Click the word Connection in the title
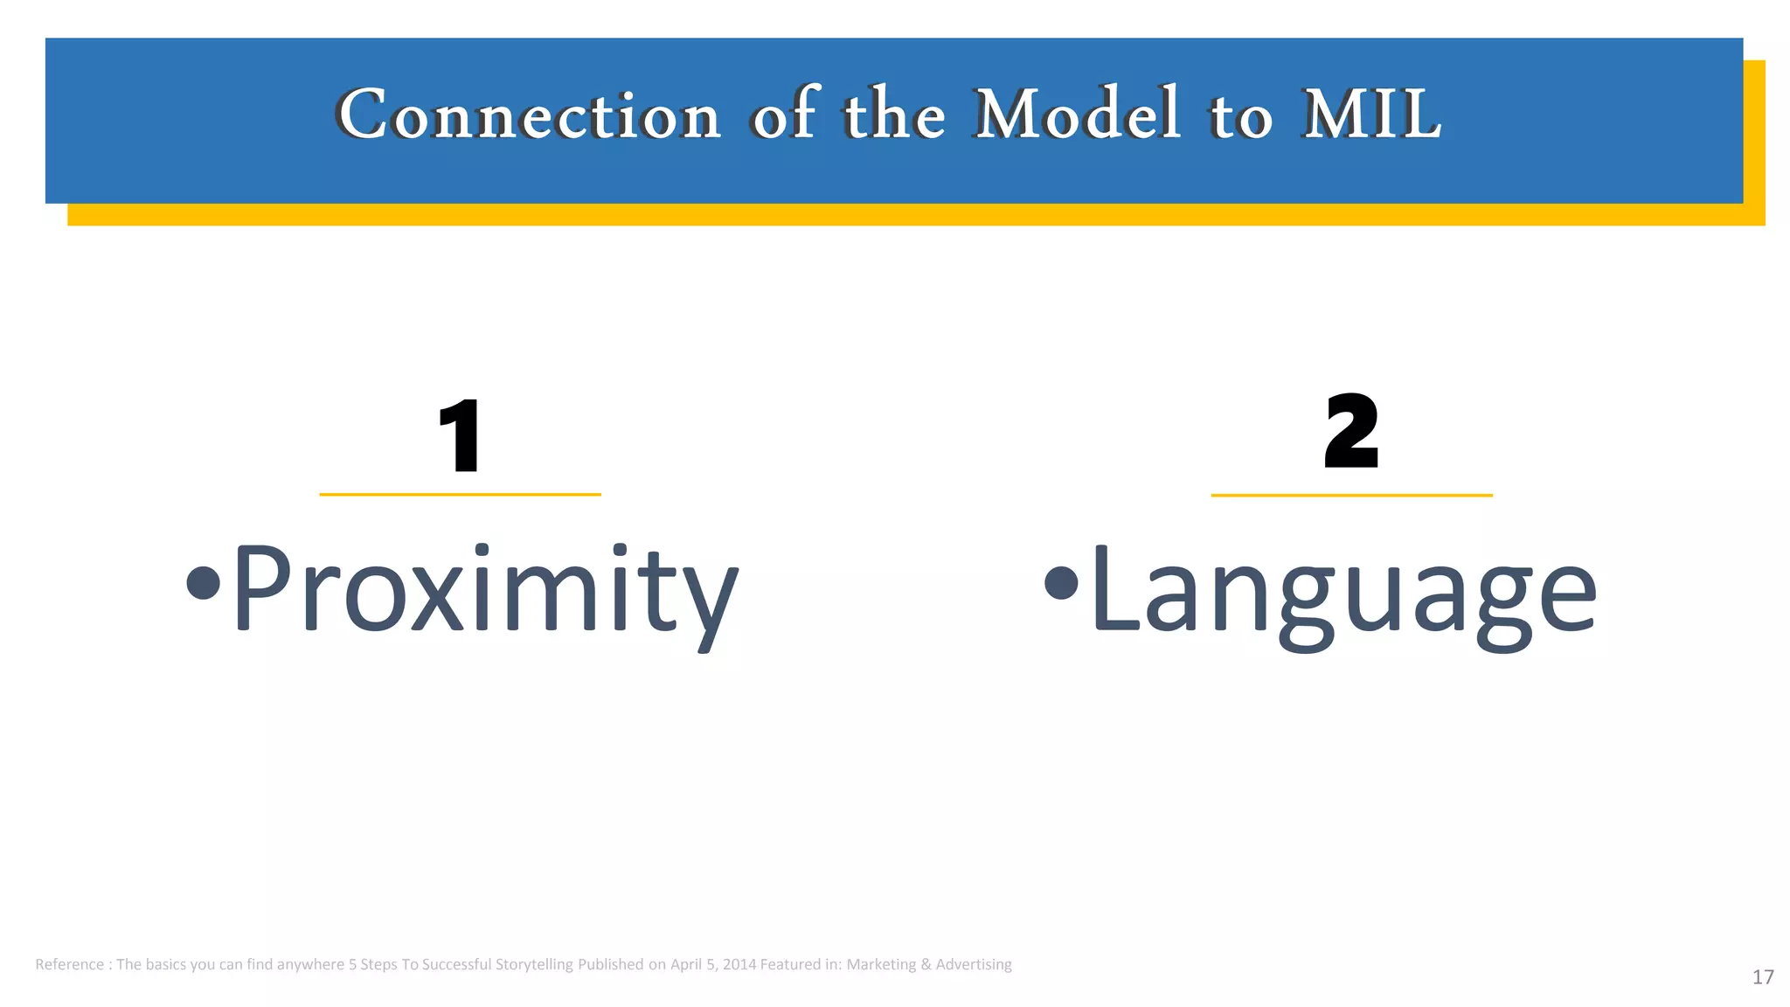pos(529,115)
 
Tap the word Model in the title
pos(1077,115)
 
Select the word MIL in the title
pos(1371,115)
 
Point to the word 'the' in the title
pos(893,115)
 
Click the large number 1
pos(460,435)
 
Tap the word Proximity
pos(485,590)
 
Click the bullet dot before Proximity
pos(203,583)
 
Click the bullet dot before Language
pos(1060,583)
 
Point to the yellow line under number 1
pos(460,495)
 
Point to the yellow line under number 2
pos(1351,496)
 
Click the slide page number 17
pos(1762,977)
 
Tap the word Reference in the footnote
pos(69,965)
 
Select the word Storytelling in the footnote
pos(534,965)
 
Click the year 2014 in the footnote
pos(739,965)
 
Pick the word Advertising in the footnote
pos(974,965)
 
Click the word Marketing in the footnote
pos(881,965)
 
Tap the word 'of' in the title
pos(784,115)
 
